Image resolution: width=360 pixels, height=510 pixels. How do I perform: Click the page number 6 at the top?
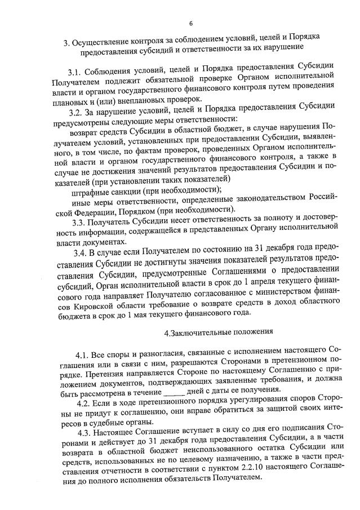pyautogui.click(x=190, y=23)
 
